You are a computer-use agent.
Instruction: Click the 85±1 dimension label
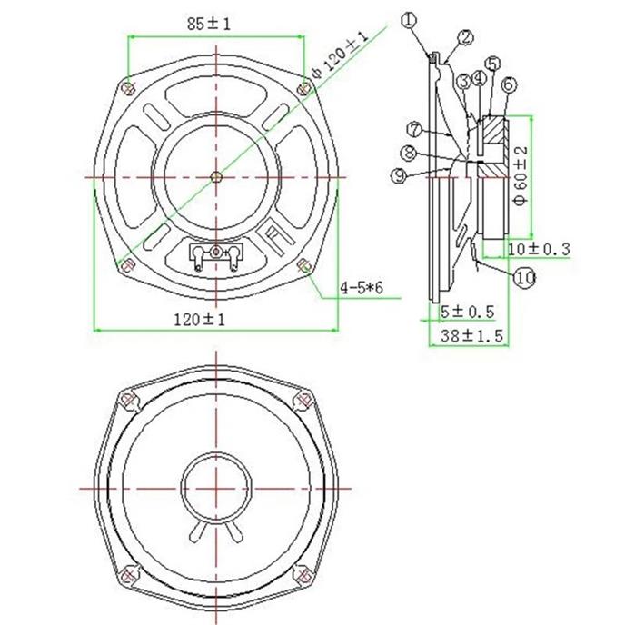(209, 25)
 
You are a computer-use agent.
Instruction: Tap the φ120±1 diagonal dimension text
(340, 55)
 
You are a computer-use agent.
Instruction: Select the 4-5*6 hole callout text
(362, 287)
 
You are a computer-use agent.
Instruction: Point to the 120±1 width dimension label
(199, 319)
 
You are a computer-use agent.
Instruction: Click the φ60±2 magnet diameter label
(521, 175)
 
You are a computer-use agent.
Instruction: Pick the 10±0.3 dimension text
(539, 249)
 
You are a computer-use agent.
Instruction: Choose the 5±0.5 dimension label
(468, 311)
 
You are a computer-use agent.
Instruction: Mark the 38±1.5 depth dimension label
(472, 336)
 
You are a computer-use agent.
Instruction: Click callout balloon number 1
(409, 20)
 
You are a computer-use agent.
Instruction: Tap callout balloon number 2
(465, 38)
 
